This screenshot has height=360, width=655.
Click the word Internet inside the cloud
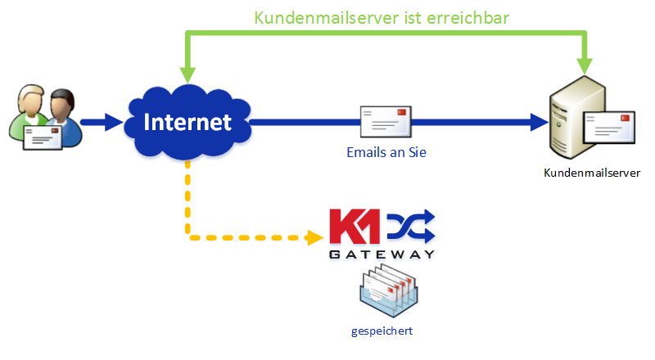187,122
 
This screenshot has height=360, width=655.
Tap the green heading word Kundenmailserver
326,18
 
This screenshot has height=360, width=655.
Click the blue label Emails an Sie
386,152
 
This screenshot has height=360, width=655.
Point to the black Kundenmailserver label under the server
592,173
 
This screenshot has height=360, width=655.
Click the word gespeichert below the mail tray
382,331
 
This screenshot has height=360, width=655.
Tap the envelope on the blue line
386,122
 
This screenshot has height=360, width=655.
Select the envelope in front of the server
609,128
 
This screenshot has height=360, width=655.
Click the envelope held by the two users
43,137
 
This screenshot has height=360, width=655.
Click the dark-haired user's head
62,104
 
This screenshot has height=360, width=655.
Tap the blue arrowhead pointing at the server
540,122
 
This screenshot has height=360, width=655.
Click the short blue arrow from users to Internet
102,122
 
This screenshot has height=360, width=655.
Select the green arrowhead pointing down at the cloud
187,74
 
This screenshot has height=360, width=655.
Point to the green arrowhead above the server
585,66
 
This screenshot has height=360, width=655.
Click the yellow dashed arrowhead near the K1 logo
315,237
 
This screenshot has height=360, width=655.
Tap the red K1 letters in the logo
355,227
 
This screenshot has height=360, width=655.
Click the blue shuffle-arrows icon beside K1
411,226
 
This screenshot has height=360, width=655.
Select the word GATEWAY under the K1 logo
382,254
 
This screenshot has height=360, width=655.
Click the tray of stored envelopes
388,290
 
